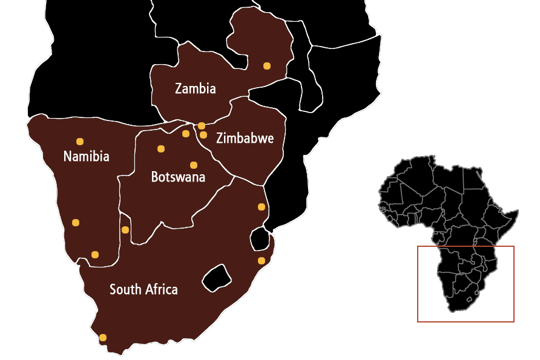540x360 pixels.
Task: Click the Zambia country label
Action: pos(195,88)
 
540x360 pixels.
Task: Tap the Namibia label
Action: pos(86,156)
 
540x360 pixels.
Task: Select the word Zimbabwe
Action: pos(245,139)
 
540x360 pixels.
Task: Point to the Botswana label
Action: pos(178,177)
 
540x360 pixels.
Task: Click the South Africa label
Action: pos(143,289)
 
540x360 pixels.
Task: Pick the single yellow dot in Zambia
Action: pos(267,65)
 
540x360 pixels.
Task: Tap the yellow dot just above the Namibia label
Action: pos(80,142)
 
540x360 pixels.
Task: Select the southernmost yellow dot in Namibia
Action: pos(95,254)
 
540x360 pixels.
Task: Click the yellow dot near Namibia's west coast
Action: pos(76,223)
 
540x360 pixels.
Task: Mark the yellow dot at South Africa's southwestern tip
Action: pos(103,338)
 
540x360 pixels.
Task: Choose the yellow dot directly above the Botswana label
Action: pos(194,165)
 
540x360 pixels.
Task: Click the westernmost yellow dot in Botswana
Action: pos(161,149)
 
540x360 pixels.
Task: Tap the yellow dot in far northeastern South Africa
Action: pos(262,207)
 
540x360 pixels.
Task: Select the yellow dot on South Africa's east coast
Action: pos(262,261)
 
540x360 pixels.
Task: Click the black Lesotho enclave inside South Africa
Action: pos(217,278)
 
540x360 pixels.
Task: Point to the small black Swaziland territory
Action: pos(261,238)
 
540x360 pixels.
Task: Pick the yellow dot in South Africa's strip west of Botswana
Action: pos(125,230)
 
